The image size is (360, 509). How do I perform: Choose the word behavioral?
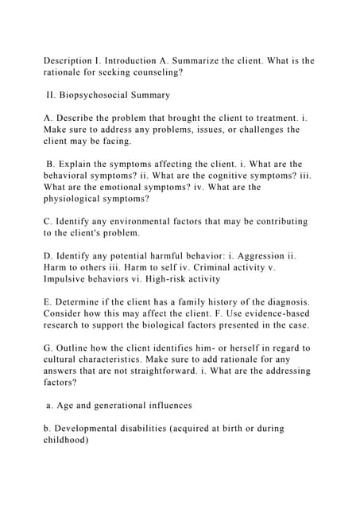[x=72, y=176]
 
